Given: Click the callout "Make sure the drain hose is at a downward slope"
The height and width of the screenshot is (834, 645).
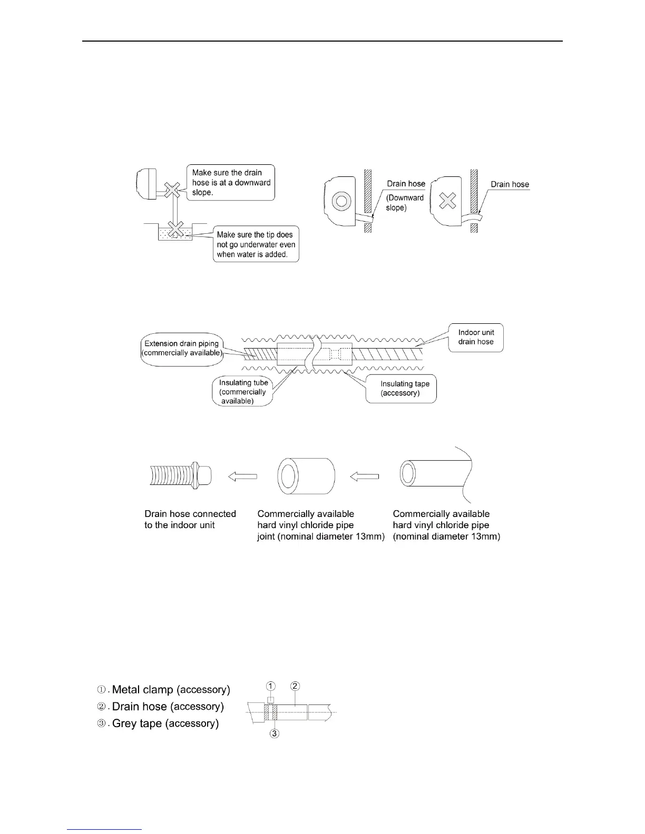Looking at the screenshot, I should click(x=231, y=182).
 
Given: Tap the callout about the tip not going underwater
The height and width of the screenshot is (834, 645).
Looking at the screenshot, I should click(x=256, y=244).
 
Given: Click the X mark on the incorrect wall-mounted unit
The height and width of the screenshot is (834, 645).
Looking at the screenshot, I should click(x=447, y=200).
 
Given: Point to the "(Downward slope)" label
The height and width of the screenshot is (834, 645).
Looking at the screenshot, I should click(x=404, y=203).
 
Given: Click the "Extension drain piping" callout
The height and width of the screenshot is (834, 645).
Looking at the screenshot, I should click(x=182, y=348).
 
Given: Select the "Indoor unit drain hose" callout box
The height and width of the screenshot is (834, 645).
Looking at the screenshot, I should click(x=475, y=337).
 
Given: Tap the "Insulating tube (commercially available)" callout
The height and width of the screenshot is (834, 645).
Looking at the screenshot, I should click(x=243, y=392).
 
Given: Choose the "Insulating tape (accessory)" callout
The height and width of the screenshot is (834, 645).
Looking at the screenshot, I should click(x=401, y=389).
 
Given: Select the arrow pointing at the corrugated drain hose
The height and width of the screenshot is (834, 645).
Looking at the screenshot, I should click(x=242, y=476).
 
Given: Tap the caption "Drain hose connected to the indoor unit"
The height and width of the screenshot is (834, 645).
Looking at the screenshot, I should click(x=190, y=519).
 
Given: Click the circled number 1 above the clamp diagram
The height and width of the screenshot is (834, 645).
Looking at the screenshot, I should click(x=270, y=686).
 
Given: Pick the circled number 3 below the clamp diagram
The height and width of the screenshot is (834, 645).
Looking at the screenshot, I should click(x=273, y=733).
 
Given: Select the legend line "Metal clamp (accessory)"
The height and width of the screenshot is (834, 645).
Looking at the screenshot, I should click(x=164, y=690).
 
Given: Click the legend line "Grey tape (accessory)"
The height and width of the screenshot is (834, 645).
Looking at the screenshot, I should click(x=158, y=723).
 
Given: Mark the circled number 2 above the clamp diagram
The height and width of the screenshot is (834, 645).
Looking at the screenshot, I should click(x=295, y=686).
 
